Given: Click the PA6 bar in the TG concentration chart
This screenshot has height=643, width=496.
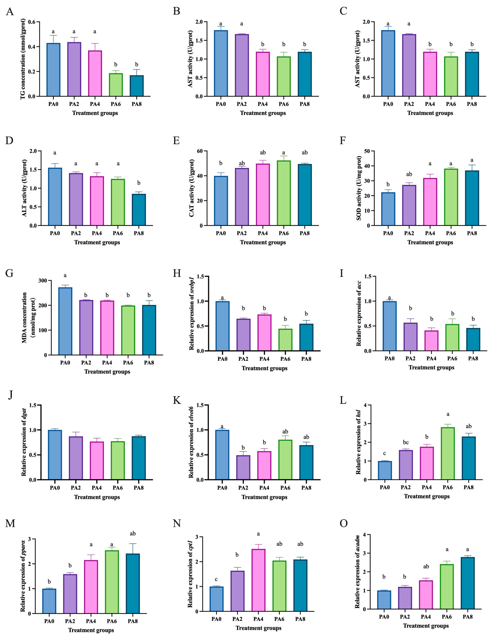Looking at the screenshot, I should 116,85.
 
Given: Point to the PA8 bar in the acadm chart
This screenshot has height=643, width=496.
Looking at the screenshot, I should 467,583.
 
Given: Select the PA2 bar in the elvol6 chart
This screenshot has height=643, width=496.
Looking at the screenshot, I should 243,468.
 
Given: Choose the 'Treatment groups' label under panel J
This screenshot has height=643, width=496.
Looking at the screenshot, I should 97,497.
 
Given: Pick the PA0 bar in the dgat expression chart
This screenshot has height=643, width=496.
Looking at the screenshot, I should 55,455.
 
